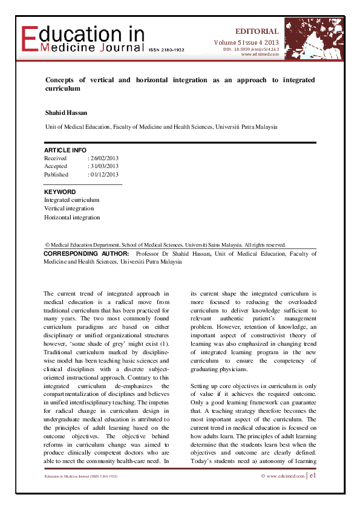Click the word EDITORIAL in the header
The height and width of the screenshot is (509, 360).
click(x=257, y=31)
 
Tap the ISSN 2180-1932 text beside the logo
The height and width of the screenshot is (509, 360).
click(x=166, y=50)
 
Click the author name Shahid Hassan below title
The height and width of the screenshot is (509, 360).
click(x=67, y=112)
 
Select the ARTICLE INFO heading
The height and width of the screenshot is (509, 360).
click(x=65, y=150)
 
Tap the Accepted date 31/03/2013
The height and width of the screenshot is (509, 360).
click(x=103, y=166)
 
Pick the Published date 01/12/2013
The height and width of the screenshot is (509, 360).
click(x=103, y=175)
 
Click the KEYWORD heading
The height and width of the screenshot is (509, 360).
click(x=60, y=192)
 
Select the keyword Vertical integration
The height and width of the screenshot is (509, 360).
click(x=69, y=208)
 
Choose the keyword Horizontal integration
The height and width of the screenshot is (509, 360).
click(x=72, y=217)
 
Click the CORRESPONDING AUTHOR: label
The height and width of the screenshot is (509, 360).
click(x=87, y=254)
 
